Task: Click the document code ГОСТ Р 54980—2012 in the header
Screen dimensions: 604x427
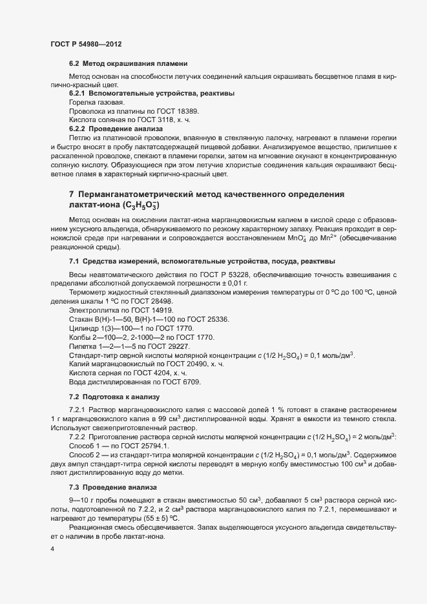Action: click(86, 43)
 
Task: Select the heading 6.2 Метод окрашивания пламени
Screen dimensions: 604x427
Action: click(129, 64)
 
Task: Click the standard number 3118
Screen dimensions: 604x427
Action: click(163, 120)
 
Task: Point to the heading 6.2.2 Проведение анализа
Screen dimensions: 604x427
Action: click(116, 129)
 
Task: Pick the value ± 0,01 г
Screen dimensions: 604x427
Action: click(233, 284)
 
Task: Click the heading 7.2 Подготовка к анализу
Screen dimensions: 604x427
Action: click(114, 396)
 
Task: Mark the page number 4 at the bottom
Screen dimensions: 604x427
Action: click(52, 549)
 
